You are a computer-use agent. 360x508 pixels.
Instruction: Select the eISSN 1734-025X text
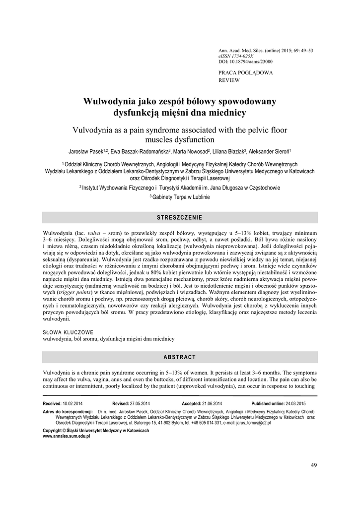click(x=236, y=57)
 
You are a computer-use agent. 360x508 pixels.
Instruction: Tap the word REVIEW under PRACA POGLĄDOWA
click(x=229, y=79)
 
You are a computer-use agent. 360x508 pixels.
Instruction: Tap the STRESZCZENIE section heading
click(x=180, y=218)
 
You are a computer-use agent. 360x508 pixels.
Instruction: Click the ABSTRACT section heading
click(x=180, y=357)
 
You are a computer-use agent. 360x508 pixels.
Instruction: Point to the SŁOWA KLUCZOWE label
click(x=68, y=332)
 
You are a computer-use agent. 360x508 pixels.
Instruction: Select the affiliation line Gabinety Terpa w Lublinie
click(x=181, y=197)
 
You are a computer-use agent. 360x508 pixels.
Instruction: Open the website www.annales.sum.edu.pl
click(x=67, y=436)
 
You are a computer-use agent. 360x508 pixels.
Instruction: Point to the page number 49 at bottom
click(x=313, y=465)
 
